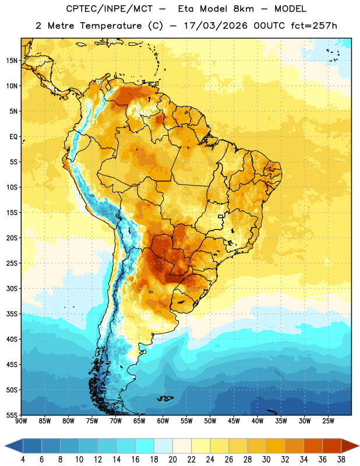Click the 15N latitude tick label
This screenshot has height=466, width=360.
[x=12, y=61]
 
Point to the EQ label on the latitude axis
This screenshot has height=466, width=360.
[x=13, y=137]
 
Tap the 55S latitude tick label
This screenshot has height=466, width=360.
[x=12, y=415]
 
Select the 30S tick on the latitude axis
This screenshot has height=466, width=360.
[x=12, y=288]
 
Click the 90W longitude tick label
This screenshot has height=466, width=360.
[x=21, y=421]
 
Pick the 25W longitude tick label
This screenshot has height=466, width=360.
[x=328, y=421]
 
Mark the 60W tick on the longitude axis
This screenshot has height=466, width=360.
[x=163, y=421]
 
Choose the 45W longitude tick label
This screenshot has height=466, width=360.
[x=234, y=421]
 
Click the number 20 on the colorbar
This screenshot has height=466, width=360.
[x=172, y=460]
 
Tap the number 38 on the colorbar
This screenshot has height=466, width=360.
[x=341, y=460]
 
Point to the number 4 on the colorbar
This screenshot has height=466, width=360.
[x=23, y=460]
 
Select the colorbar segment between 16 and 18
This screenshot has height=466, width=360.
[x=145, y=446]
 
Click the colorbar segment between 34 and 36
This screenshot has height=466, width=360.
[x=313, y=446]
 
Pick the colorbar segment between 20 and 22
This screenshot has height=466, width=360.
[x=182, y=446]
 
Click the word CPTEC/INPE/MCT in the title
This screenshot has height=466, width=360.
[x=110, y=9]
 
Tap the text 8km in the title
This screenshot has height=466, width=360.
[x=243, y=9]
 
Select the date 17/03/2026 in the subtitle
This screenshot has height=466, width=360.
[x=216, y=26]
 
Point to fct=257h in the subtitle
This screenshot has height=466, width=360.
[x=314, y=26]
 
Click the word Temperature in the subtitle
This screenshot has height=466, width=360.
[x=111, y=26]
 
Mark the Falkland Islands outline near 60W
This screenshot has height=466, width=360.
[x=165, y=398]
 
